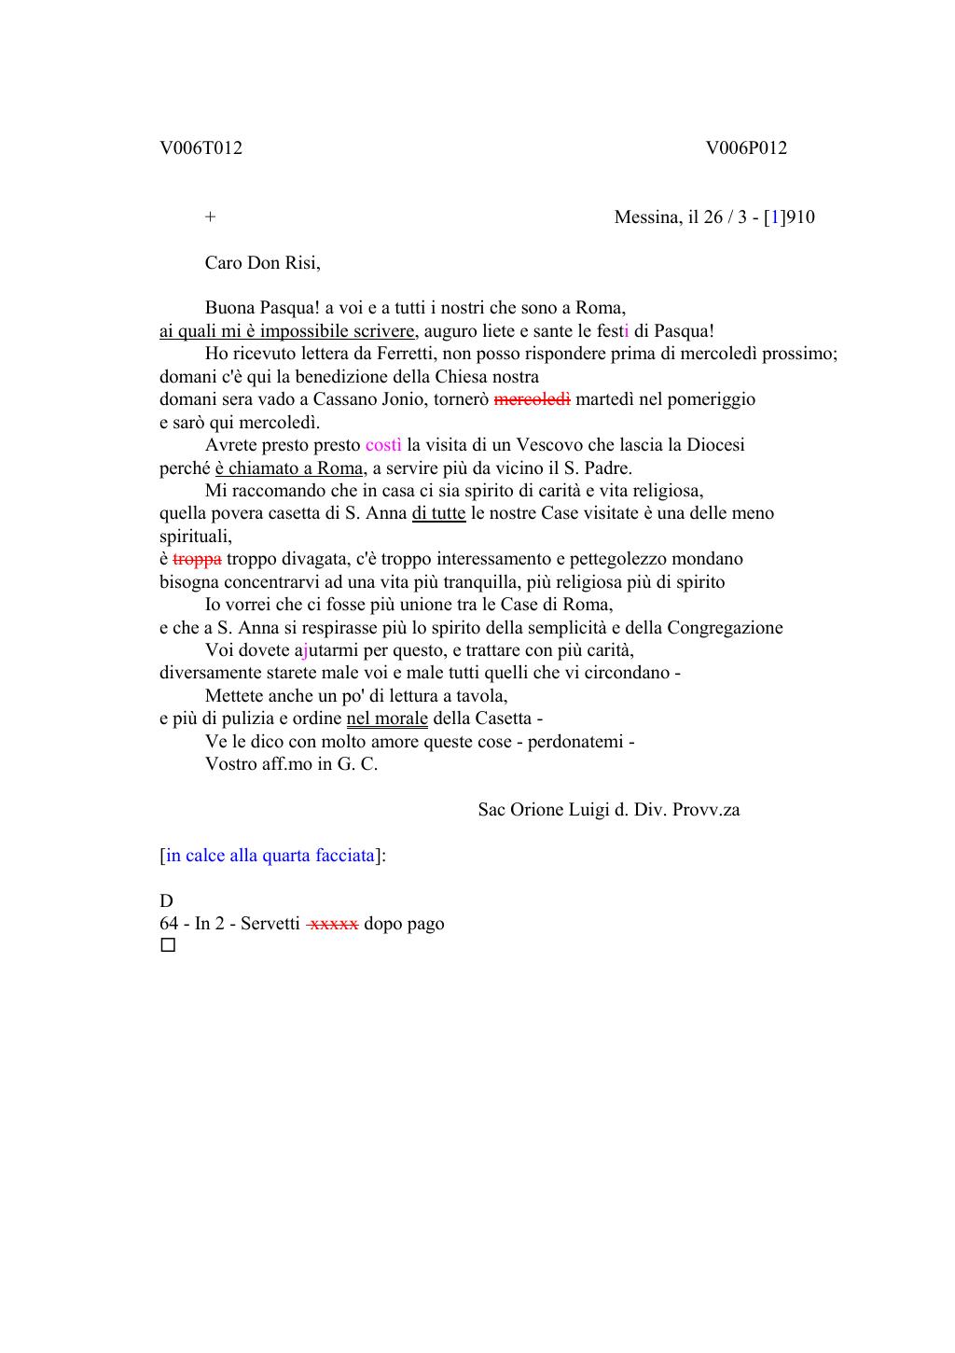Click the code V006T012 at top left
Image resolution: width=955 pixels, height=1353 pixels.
(x=201, y=148)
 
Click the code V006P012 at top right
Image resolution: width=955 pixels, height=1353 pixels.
(x=746, y=148)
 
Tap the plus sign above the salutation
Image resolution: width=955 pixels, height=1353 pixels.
(x=211, y=217)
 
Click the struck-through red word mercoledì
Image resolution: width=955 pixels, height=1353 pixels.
(x=532, y=399)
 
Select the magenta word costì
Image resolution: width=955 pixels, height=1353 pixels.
(x=383, y=445)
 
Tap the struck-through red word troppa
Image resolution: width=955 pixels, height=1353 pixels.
(x=197, y=559)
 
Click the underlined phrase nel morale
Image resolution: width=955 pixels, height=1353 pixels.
(x=387, y=718)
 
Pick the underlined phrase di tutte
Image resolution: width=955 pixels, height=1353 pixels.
(x=438, y=513)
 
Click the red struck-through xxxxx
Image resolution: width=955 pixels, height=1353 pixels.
(x=333, y=924)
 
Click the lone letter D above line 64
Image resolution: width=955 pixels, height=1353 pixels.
(x=166, y=901)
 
